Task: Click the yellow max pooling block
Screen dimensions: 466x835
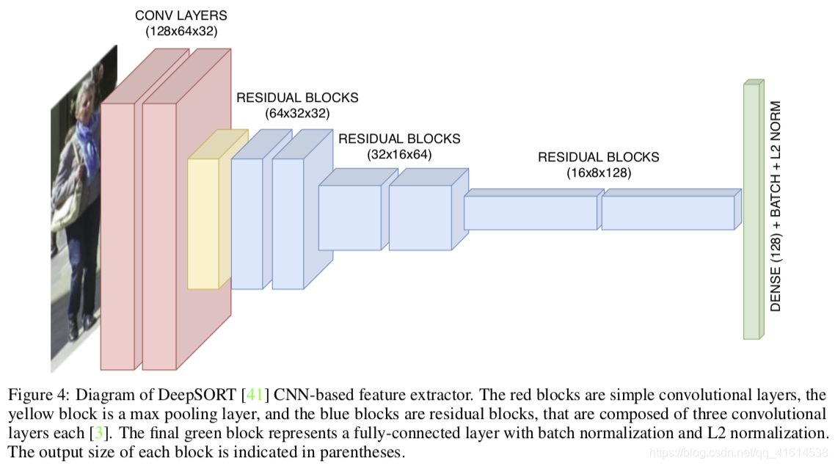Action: click(203, 224)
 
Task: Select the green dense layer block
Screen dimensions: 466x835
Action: click(750, 213)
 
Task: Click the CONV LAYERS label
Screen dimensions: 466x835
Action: click(181, 15)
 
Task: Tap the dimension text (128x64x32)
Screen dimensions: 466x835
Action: click(181, 31)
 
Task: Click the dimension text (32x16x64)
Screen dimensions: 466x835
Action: click(399, 154)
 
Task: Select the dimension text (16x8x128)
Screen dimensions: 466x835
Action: click(598, 173)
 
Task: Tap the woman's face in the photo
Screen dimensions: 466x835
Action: click(87, 96)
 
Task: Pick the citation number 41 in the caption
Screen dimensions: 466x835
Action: click(254, 396)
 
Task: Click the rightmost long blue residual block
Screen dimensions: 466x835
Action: click(667, 213)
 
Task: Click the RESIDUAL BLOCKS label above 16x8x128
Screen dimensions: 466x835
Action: click(598, 157)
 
